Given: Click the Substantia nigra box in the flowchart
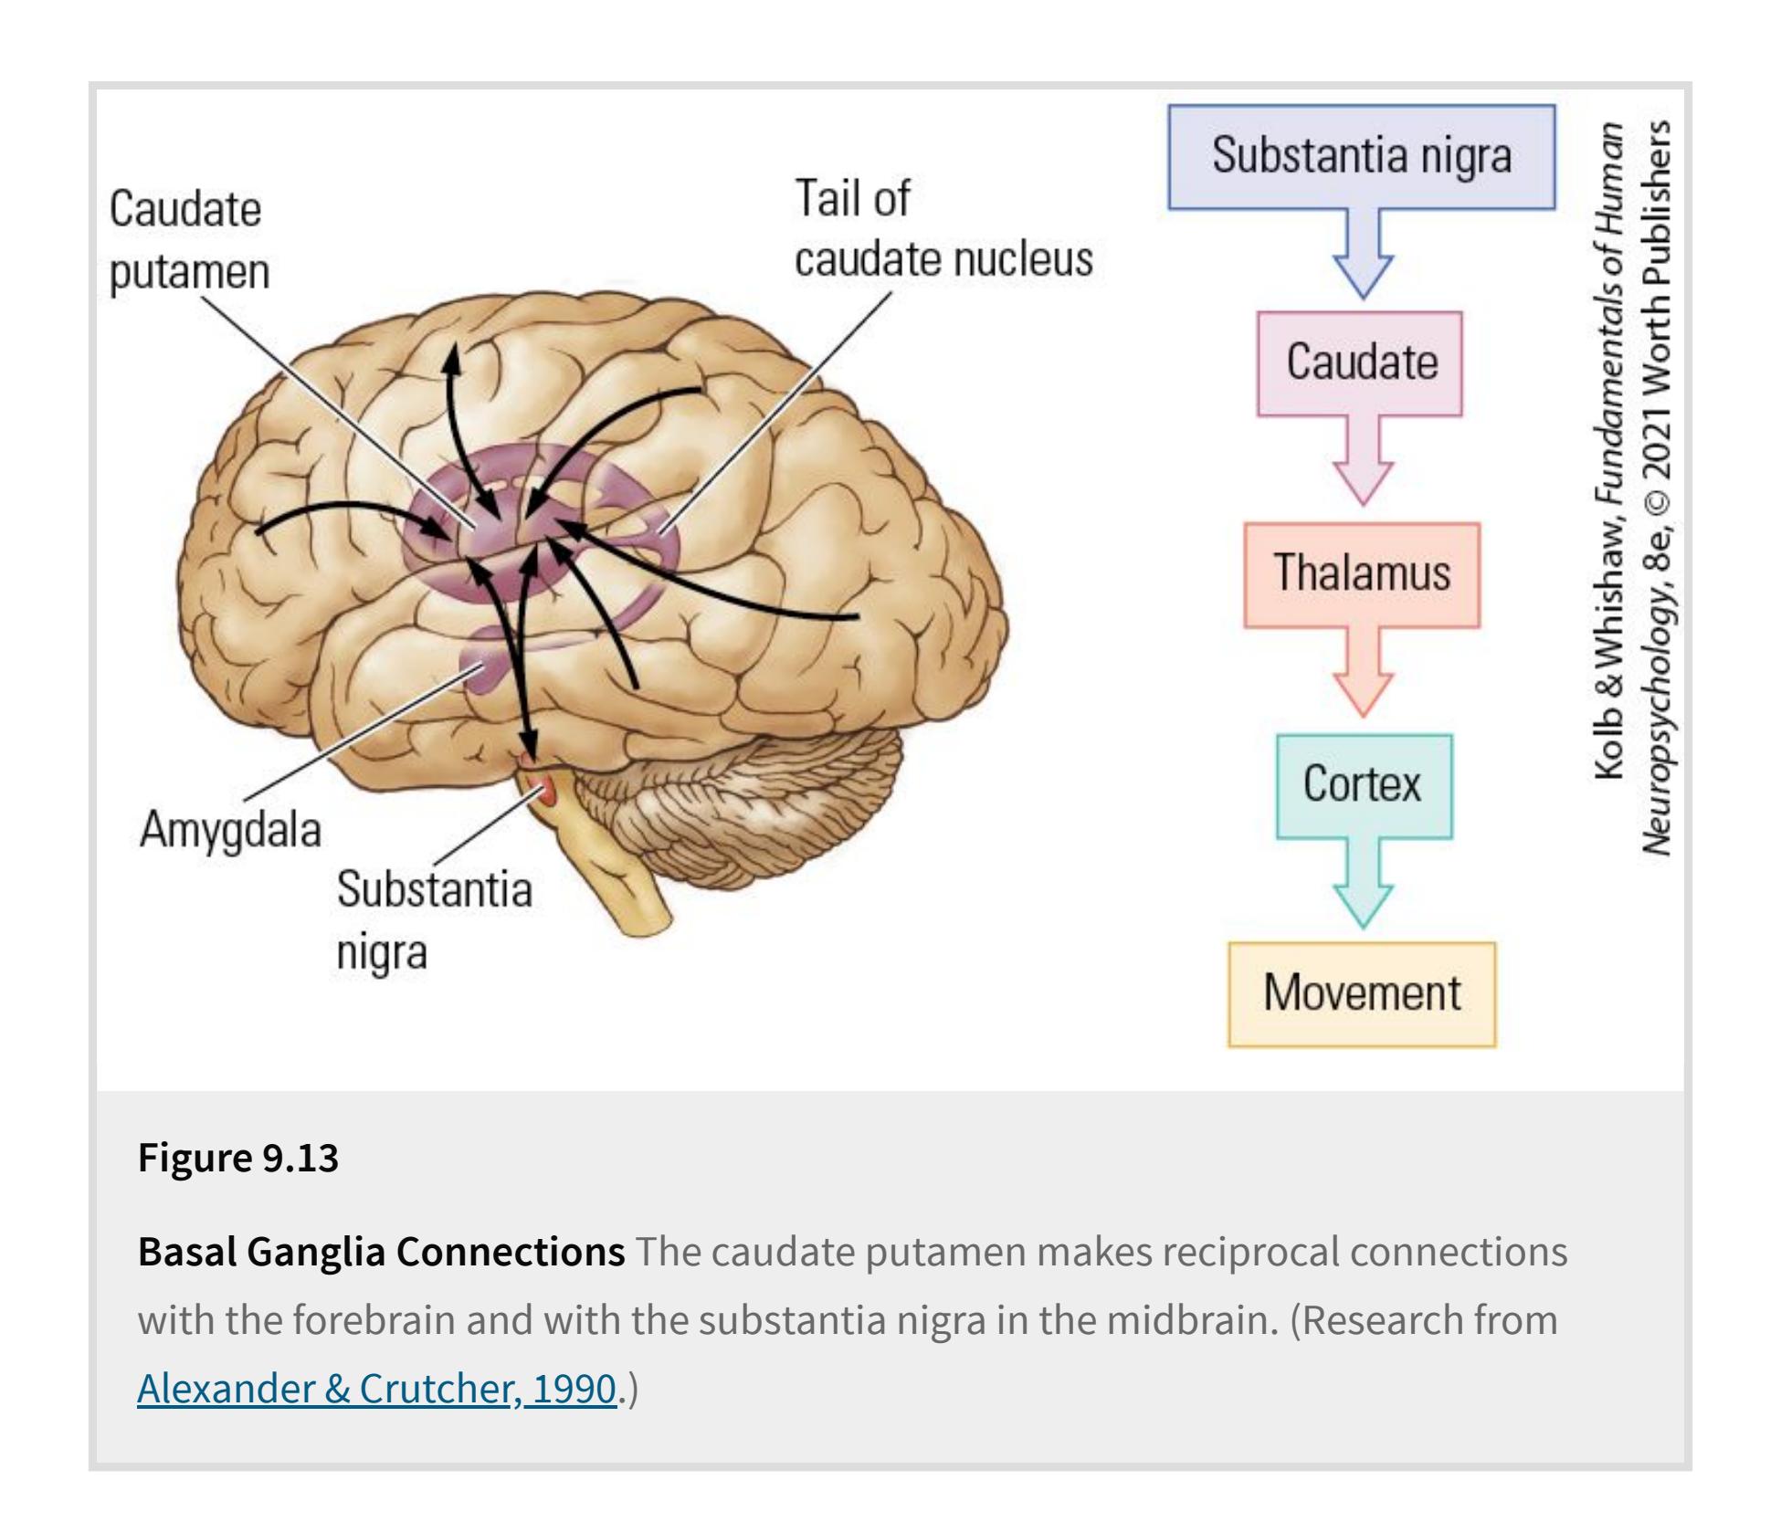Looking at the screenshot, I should (x=1361, y=156).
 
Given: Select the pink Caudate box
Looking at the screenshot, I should (x=1360, y=363).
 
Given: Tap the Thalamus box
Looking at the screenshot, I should (x=1361, y=574).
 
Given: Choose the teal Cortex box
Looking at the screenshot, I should (x=1363, y=785).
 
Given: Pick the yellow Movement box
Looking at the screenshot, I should (x=1361, y=993).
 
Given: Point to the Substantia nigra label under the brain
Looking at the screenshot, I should (x=433, y=920).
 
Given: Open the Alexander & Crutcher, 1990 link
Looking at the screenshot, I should (x=376, y=1389).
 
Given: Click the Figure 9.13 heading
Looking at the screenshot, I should (x=237, y=1158).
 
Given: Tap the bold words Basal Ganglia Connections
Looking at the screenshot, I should (x=381, y=1252).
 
